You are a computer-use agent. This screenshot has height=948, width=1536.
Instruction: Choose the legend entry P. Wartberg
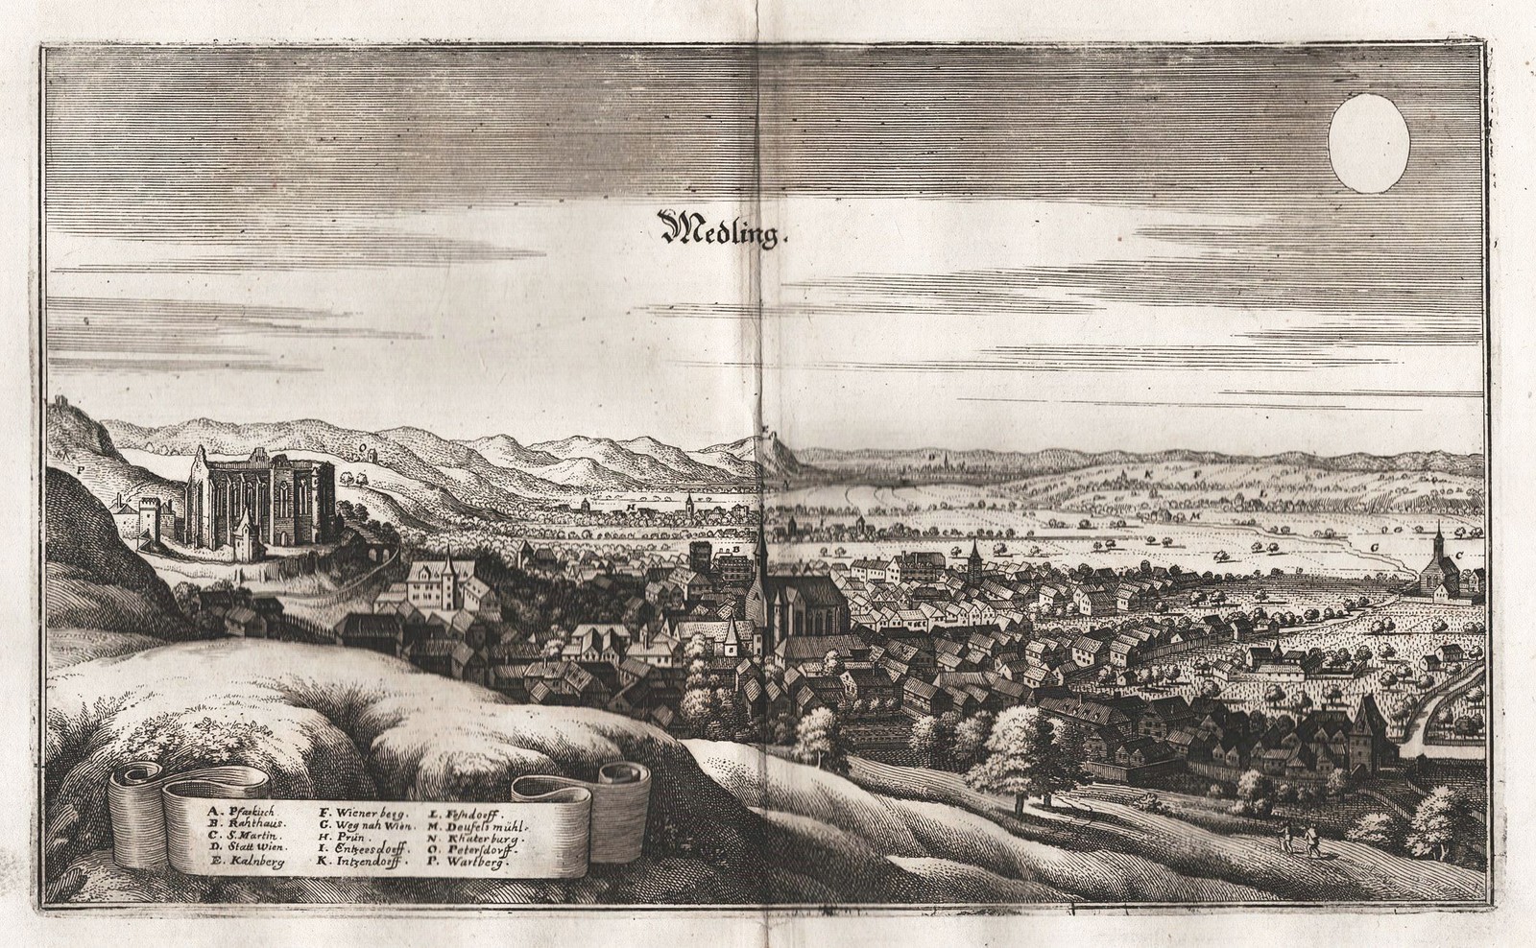tap(471, 862)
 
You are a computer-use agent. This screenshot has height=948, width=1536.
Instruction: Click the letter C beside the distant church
tap(1459, 555)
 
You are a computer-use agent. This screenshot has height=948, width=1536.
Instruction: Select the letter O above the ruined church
tap(361, 447)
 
